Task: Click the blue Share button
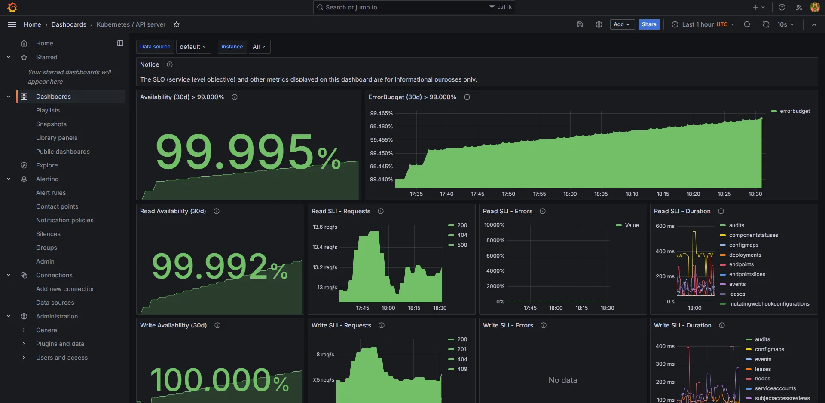[649, 24]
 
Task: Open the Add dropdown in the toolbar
[622, 24]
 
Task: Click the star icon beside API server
[177, 25]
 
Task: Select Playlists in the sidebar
[48, 110]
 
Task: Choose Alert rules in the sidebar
[51, 193]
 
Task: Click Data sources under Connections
[55, 303]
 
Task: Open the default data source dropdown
[193, 47]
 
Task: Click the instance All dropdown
[259, 47]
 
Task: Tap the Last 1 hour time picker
[703, 24]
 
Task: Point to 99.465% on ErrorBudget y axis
[381, 113]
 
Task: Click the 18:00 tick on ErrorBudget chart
[570, 194]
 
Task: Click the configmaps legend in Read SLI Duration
[743, 245]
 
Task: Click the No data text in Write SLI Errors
[562, 380]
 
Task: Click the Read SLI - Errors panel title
[507, 211]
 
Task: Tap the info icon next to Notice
[170, 64]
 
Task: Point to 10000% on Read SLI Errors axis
[494, 225]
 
